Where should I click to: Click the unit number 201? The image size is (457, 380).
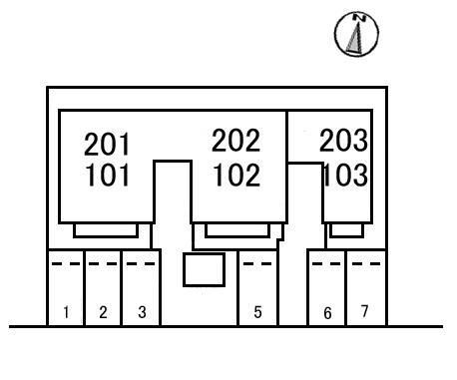(107, 144)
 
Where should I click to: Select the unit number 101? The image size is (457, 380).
(107, 175)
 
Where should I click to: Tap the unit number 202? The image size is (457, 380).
(235, 141)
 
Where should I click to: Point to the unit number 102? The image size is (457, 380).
(236, 175)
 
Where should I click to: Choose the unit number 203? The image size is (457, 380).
(343, 141)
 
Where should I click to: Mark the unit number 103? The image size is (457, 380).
(346, 175)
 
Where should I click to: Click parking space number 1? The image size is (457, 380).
(66, 312)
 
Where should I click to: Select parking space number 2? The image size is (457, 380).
(103, 312)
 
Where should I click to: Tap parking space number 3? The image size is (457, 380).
(142, 312)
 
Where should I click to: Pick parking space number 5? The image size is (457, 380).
(257, 312)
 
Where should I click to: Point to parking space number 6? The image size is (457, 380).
(327, 313)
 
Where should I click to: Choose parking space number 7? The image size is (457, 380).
(364, 311)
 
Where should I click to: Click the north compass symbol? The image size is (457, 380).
(356, 34)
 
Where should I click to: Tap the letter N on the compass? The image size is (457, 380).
(359, 18)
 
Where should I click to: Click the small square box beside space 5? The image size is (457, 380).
(204, 269)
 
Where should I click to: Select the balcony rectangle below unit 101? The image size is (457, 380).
(106, 230)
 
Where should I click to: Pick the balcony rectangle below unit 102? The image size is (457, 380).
(237, 230)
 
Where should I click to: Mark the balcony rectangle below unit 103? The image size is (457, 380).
(346, 230)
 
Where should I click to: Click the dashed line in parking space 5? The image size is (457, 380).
(257, 264)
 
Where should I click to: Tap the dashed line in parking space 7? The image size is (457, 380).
(366, 264)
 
